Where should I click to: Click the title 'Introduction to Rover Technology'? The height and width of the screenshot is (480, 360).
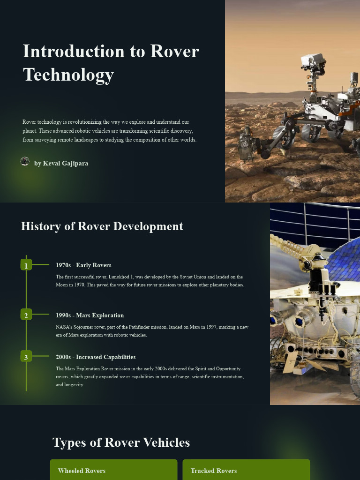(111, 63)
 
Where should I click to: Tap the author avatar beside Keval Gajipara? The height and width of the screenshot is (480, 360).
(25, 162)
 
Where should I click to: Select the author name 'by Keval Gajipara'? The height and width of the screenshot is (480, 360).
(61, 163)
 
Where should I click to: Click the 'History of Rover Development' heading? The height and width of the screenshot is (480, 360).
(102, 226)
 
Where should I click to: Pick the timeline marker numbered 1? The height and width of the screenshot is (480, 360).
(26, 265)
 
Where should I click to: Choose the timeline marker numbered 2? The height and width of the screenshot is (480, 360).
(26, 315)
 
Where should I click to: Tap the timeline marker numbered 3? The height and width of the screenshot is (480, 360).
(26, 357)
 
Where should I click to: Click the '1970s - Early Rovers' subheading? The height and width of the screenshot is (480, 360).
(83, 265)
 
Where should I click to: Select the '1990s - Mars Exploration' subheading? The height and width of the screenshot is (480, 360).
(90, 315)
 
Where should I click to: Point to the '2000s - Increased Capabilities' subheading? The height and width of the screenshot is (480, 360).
(96, 357)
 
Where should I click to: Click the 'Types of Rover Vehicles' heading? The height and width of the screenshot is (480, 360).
(121, 442)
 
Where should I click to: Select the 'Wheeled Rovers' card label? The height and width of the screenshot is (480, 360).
(82, 471)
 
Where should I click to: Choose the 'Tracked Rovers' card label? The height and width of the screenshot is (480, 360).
(214, 471)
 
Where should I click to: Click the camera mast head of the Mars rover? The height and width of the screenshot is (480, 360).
(313, 60)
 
